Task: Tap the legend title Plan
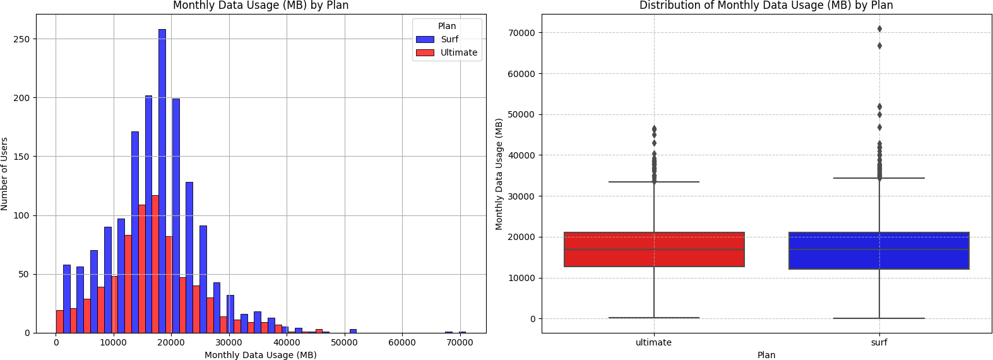447,26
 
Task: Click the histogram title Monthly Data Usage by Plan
261,6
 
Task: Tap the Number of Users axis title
5,174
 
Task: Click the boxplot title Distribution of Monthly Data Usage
766,6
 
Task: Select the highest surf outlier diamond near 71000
879,29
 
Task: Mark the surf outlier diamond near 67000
879,45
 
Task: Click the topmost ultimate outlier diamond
654,129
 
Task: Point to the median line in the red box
654,249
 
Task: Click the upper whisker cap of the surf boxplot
879,178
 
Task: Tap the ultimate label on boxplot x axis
653,342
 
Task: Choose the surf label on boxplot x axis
879,342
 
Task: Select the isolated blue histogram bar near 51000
353,331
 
